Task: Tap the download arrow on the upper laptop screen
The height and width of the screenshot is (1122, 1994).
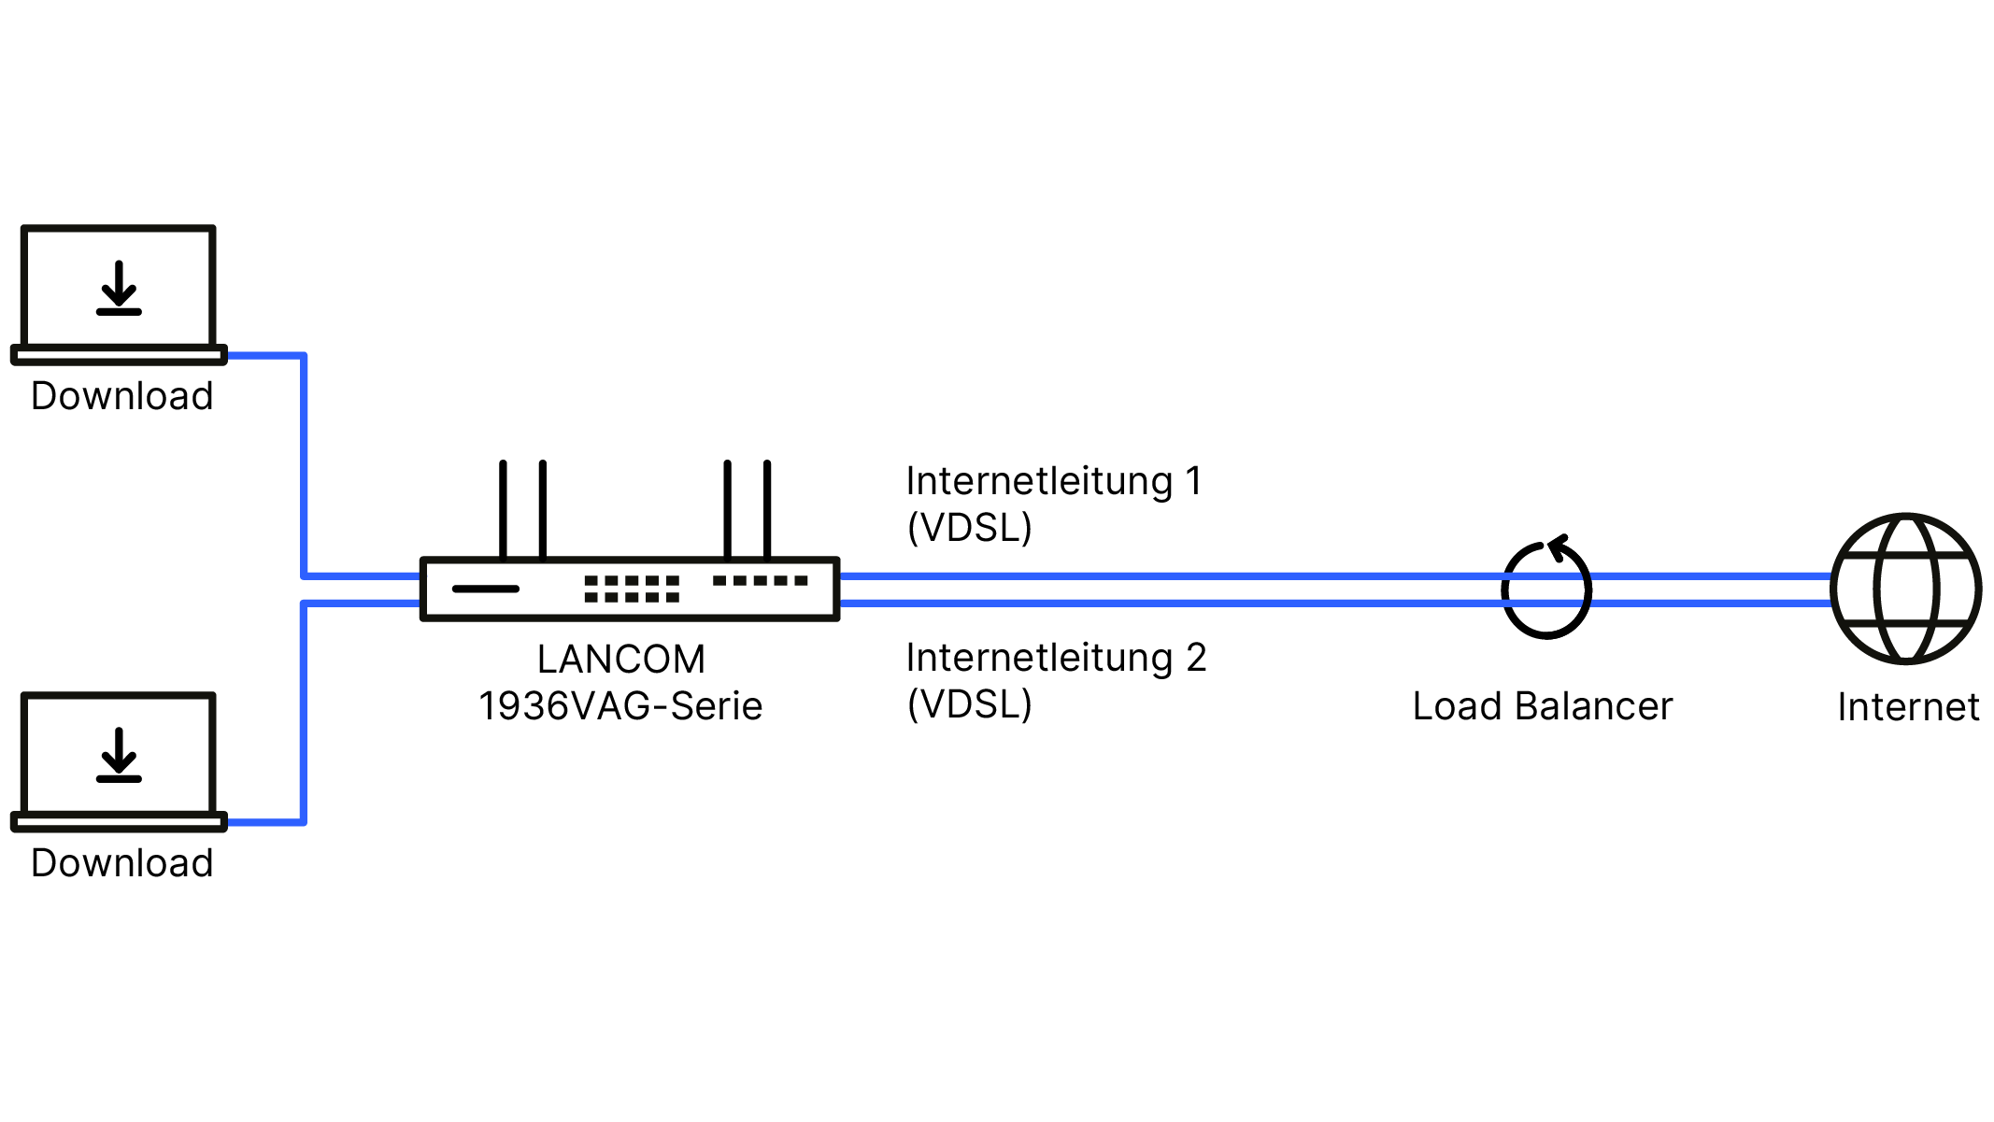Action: (x=119, y=288)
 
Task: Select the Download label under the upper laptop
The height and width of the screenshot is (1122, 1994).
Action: (x=122, y=396)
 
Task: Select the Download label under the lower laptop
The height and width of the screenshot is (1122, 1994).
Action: (x=122, y=863)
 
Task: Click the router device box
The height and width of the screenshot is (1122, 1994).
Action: (x=630, y=589)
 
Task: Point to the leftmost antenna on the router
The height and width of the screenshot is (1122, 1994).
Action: (x=503, y=509)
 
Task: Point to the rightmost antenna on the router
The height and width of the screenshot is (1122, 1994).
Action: (x=767, y=509)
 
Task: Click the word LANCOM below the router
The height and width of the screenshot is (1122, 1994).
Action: (x=621, y=660)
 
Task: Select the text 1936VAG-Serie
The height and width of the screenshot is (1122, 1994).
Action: (x=620, y=706)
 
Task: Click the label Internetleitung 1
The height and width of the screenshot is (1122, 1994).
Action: (x=1054, y=482)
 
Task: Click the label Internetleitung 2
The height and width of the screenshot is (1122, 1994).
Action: (x=1056, y=659)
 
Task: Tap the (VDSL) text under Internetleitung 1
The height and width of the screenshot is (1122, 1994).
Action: (x=970, y=528)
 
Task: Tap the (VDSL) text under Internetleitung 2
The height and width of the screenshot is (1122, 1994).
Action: (x=970, y=704)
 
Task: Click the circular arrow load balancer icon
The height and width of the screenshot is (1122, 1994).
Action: (x=1546, y=589)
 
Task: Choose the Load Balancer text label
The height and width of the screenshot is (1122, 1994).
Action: (x=1543, y=706)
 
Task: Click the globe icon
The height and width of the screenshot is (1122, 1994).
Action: (x=1906, y=589)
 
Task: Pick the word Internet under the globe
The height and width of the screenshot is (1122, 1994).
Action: (x=1908, y=707)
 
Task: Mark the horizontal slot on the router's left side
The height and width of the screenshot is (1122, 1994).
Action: (x=486, y=589)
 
